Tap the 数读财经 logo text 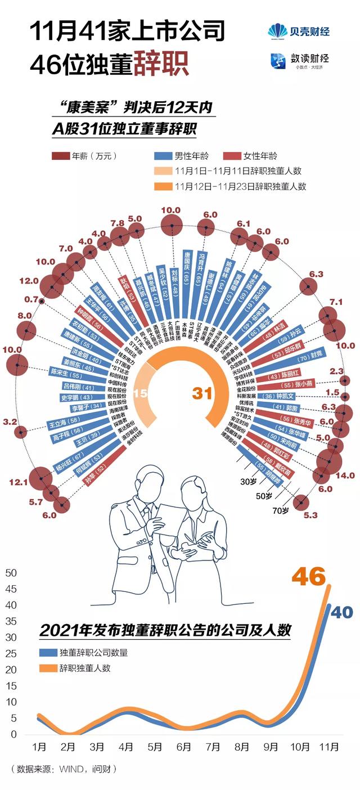click(x=309, y=59)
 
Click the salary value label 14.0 click(x=344, y=475)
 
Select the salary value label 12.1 click(x=18, y=482)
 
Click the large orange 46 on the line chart click(x=308, y=577)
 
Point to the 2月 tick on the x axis click(x=68, y=747)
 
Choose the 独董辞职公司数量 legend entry click(x=93, y=653)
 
